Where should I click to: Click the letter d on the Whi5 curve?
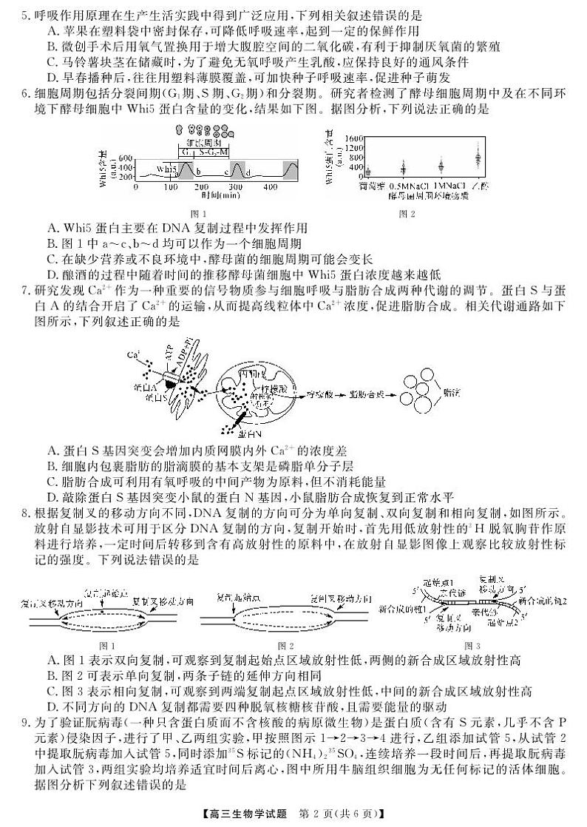tap(249, 172)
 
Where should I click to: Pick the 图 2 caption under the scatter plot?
tap(407, 214)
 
